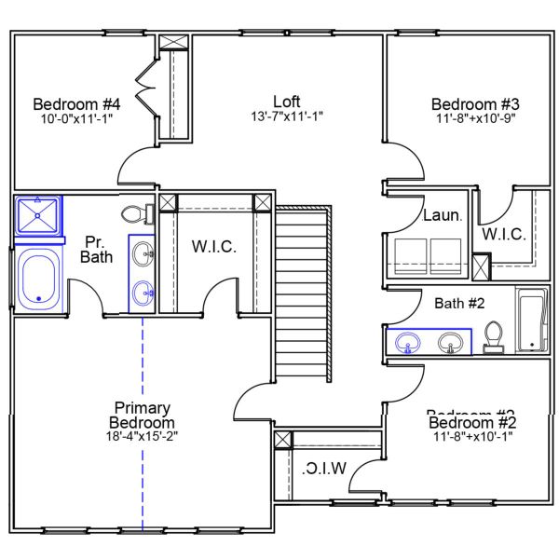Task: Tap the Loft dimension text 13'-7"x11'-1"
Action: (286, 116)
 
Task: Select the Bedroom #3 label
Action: (473, 103)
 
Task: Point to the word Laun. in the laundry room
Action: (442, 215)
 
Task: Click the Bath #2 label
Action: (459, 302)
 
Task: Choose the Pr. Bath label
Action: (96, 248)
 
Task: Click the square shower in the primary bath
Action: (37, 216)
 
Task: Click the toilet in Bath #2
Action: (494, 337)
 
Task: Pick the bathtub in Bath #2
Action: (531, 320)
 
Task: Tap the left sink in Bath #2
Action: (408, 344)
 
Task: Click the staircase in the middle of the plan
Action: (303, 293)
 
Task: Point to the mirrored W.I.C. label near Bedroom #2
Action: (324, 468)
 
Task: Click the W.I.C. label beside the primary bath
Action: (214, 247)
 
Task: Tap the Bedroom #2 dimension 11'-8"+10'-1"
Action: (473, 435)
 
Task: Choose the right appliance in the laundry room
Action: (444, 252)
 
